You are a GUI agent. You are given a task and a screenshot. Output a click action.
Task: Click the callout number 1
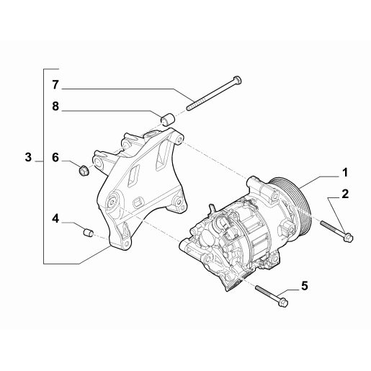click(x=345, y=172)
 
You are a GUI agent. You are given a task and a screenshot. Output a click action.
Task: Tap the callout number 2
click(x=345, y=194)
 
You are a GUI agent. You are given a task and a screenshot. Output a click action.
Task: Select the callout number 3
click(x=28, y=157)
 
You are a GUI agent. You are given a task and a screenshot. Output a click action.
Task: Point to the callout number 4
click(x=55, y=219)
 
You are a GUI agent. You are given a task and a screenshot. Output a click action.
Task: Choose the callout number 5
click(x=305, y=286)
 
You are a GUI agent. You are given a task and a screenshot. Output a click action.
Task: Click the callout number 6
click(x=55, y=158)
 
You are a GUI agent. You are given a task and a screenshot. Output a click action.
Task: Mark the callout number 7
click(x=55, y=85)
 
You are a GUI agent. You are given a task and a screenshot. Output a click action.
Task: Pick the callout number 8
click(x=55, y=106)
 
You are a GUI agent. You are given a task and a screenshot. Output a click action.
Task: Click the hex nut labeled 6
click(x=84, y=171)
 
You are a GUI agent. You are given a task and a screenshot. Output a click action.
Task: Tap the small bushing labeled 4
click(x=88, y=233)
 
